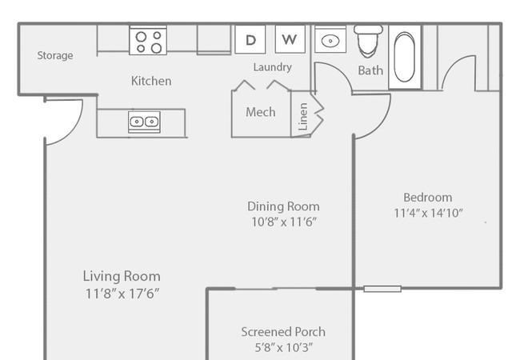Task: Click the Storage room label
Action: (55, 55)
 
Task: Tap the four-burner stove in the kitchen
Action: (148, 40)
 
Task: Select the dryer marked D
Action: (250, 39)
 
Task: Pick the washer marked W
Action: (290, 39)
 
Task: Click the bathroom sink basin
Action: (330, 41)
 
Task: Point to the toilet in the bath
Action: (368, 41)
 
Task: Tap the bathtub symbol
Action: (405, 57)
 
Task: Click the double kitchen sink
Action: (144, 122)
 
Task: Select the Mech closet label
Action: (261, 112)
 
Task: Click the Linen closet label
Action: (303, 116)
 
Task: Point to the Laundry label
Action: (272, 67)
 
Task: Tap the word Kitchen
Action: (151, 81)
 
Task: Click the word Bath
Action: (370, 70)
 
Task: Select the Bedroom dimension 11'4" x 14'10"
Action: (428, 213)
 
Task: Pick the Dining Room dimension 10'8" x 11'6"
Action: (284, 222)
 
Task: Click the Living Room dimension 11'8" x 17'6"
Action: (122, 294)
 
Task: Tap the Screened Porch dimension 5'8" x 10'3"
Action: (283, 347)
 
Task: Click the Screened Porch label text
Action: (283, 332)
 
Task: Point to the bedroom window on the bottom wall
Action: (382, 289)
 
